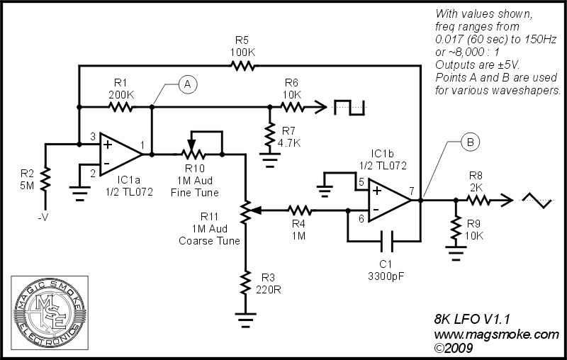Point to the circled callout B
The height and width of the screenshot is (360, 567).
[x=470, y=142]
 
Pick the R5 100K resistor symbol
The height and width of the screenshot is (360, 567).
[x=243, y=66]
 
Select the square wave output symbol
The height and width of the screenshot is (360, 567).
[x=349, y=108]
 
